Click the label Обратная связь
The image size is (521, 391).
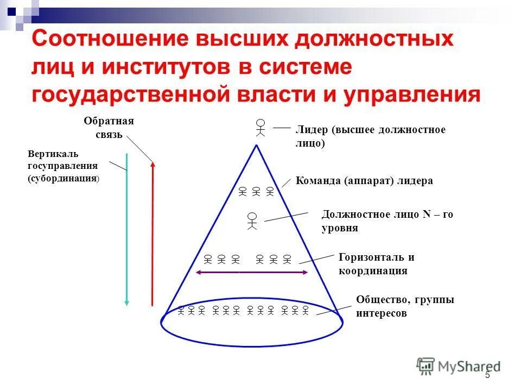coord(109,128)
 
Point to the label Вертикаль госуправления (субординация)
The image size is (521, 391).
coord(63,167)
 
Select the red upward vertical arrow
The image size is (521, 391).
coord(153,234)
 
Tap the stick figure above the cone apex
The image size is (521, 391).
coord(261,127)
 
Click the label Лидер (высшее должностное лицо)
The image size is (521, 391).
coord(370,136)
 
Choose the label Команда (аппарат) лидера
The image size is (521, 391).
coord(364,181)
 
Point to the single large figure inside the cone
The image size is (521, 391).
coord(252,220)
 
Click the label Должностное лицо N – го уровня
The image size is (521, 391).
coord(387,221)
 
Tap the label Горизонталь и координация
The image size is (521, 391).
coord(376,264)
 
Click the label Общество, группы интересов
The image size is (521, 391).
coord(405,306)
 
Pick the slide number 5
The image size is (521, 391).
coord(487,375)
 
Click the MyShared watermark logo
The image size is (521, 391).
coord(458,366)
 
